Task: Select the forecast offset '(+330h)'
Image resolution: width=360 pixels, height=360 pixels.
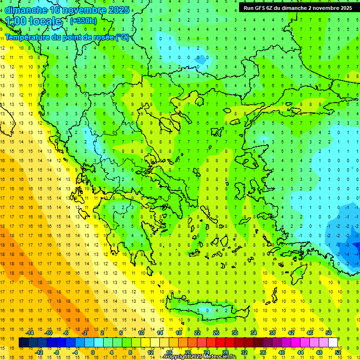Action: pyautogui.click(x=83, y=21)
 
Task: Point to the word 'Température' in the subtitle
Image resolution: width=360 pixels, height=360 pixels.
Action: pyautogui.click(x=28, y=37)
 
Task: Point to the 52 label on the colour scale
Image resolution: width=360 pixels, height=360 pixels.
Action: pyautogui.click(x=338, y=352)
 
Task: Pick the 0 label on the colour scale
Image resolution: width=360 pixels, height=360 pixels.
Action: pyautogui.click(x=92, y=352)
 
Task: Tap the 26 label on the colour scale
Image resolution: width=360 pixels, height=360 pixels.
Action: pyautogui.click(x=216, y=333)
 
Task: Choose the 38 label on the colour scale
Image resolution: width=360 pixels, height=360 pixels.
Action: pyautogui.click(x=272, y=333)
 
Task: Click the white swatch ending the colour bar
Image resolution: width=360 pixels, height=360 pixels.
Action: pyautogui.click(x=333, y=343)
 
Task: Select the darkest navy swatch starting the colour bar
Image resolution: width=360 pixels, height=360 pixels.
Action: pyautogui.click(x=23, y=343)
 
